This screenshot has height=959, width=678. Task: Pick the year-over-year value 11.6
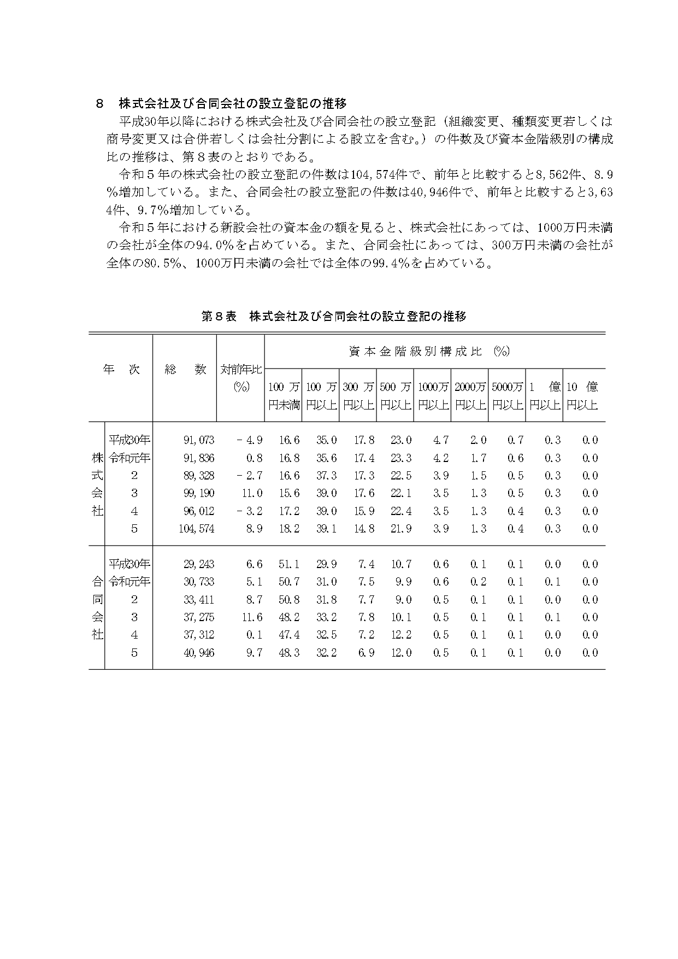[251, 617]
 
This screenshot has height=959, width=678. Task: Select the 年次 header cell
[121, 370]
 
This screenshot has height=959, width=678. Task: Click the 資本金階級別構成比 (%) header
[428, 352]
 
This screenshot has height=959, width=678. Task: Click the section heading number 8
[99, 103]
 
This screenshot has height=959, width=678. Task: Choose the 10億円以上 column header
[582, 396]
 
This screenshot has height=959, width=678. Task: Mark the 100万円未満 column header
[284, 396]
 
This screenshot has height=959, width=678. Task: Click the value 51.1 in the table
[289, 564]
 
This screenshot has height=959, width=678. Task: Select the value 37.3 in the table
[327, 476]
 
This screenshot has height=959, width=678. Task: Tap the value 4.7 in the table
[440, 440]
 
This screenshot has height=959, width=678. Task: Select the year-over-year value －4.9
[250, 440]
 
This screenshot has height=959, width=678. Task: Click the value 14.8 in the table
[364, 529]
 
